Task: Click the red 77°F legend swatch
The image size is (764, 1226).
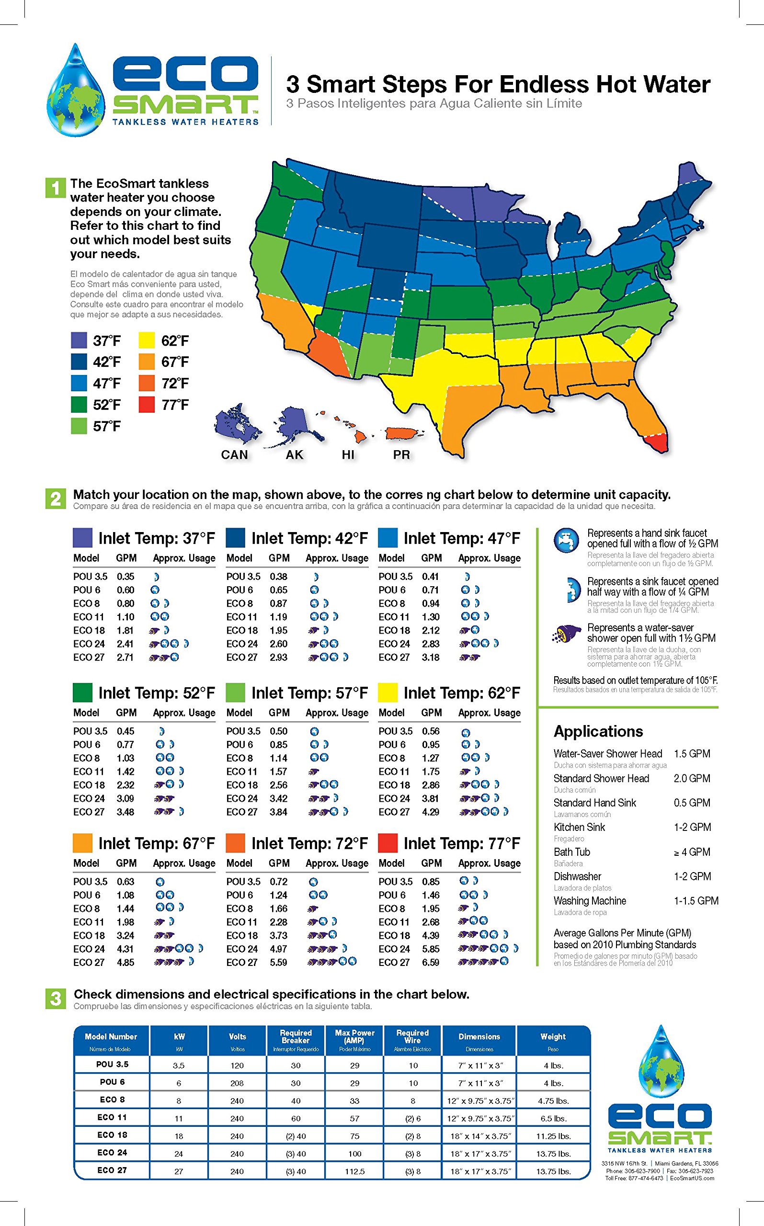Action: click(146, 405)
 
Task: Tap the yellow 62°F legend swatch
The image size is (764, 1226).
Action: click(146, 341)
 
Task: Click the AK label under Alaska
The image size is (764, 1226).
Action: click(295, 454)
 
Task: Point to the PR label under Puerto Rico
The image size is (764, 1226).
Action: click(401, 454)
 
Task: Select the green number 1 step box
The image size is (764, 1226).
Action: click(55, 188)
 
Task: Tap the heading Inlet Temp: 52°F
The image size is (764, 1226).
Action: click(157, 693)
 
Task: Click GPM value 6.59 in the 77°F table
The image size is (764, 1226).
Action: click(431, 962)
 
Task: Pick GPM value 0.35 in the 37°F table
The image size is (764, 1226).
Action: click(125, 577)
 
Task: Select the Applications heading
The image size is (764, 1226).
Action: click(598, 731)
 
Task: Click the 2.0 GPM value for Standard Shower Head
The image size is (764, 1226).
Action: click(692, 778)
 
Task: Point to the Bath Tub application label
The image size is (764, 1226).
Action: click(571, 852)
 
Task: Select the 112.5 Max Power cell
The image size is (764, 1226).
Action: click(355, 1171)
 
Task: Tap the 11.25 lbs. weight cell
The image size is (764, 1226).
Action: click(553, 1136)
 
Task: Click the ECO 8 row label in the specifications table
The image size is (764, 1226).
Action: click(112, 1100)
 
